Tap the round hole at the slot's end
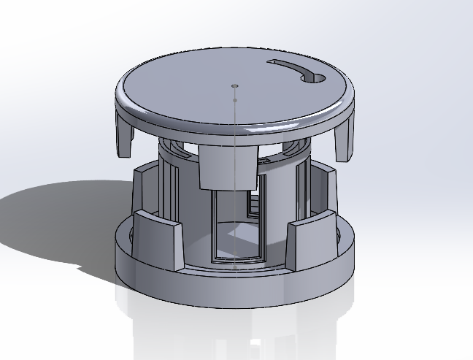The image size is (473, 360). [317, 77]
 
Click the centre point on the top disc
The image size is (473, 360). [234, 85]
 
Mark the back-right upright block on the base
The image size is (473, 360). [325, 191]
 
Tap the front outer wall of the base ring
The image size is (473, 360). [234, 288]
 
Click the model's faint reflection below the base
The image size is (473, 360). [234, 329]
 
